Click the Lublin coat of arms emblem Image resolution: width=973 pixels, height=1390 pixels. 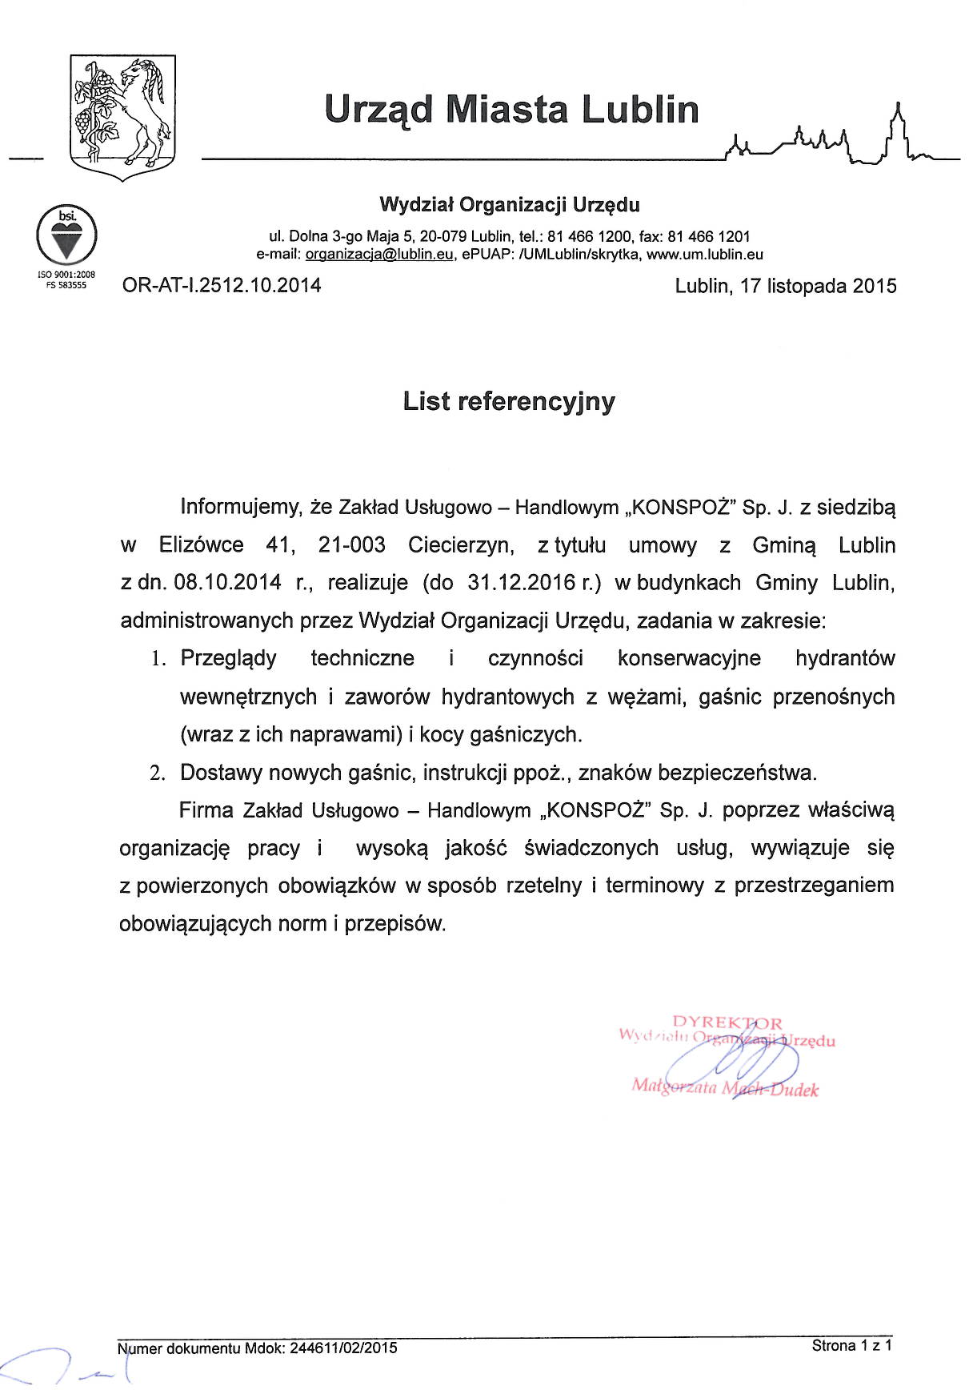122,117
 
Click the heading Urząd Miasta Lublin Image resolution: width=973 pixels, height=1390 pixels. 512,110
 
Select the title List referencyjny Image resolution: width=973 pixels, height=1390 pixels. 509,401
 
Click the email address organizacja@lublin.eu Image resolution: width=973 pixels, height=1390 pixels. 380,255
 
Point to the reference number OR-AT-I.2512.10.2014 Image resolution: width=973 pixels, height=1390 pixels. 222,286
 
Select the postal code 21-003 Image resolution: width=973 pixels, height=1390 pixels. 351,545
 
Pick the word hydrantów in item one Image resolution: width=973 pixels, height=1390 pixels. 844,659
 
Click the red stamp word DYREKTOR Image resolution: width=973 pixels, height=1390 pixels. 727,1022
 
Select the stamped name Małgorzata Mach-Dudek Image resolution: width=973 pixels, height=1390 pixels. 725,1087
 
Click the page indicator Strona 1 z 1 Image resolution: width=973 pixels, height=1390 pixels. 851,1346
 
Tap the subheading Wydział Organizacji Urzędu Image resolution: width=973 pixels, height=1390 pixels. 509,205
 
